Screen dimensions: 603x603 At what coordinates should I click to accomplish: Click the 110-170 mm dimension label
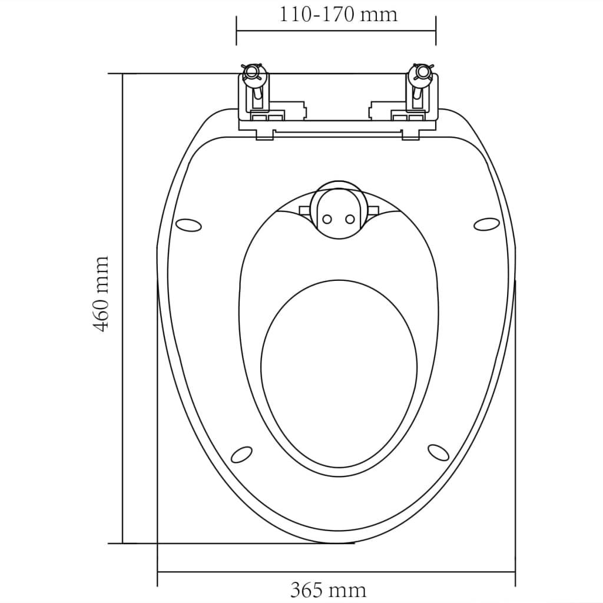(x=338, y=14)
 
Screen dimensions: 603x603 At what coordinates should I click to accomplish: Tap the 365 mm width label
(x=328, y=589)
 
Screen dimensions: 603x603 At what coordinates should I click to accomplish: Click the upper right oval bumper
(x=486, y=224)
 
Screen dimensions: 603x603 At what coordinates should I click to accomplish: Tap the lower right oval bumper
(x=438, y=452)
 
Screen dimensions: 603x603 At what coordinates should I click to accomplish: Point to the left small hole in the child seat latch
(x=327, y=219)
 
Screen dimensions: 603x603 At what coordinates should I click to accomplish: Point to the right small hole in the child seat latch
(x=350, y=219)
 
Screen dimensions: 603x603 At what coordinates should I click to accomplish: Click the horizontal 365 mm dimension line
(x=336, y=571)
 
